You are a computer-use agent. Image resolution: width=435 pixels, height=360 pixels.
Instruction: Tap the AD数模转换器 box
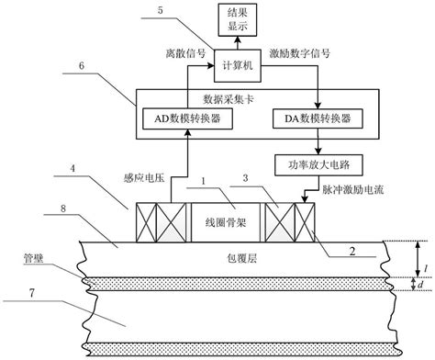point(188,118)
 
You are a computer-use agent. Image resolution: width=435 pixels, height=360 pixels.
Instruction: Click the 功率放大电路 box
point(315,163)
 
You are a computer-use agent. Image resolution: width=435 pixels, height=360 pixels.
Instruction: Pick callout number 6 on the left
point(84,68)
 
